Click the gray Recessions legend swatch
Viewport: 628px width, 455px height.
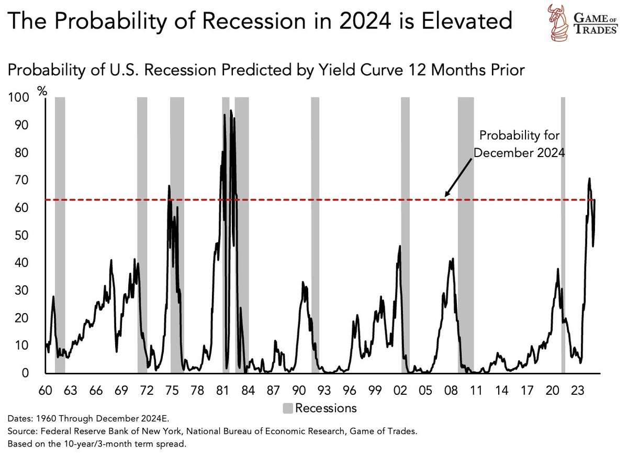[288, 408]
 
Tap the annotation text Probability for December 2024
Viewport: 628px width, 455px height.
[520, 144]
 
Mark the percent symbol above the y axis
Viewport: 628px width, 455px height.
[42, 90]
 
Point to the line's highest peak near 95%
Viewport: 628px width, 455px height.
[231, 111]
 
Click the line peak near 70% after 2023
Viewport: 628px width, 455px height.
[589, 179]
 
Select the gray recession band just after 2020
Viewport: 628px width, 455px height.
[563, 236]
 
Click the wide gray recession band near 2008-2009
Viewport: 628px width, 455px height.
[466, 236]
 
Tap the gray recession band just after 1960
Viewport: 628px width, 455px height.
[60, 236]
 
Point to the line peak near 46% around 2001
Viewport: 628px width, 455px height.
[400, 246]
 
